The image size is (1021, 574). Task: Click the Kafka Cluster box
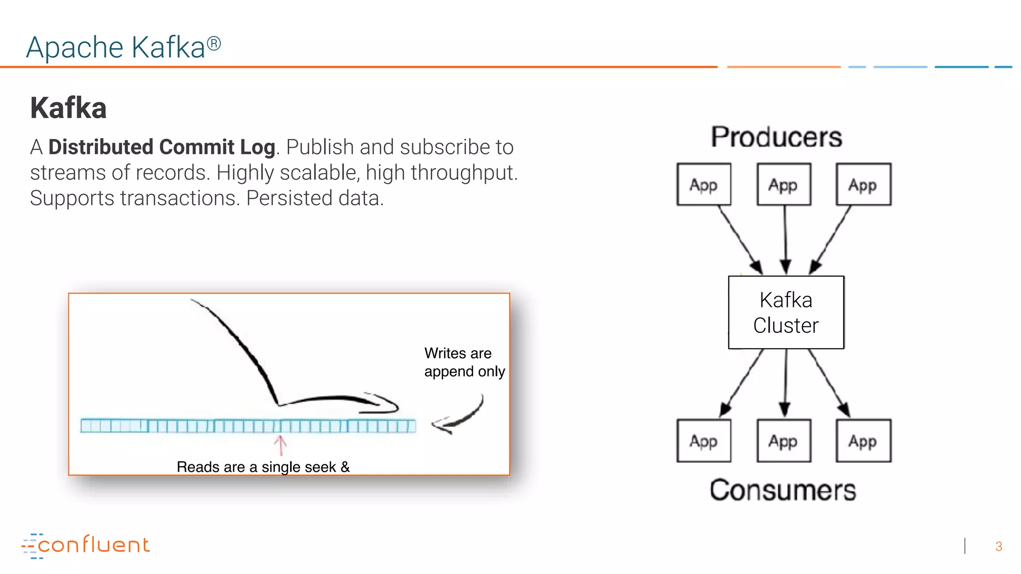786,312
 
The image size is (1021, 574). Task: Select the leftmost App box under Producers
703,184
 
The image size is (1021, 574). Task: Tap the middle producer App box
783,184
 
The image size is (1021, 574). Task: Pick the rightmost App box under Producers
863,184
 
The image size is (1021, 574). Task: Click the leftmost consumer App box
703,441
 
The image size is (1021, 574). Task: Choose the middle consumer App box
783,441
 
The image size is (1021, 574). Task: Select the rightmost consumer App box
863,441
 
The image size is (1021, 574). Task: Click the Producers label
776,137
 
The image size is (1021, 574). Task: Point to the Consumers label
783,490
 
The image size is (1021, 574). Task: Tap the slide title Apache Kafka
116,48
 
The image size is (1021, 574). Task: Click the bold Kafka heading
68,108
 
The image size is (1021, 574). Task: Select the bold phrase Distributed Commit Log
162,147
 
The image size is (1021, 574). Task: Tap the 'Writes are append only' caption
464,362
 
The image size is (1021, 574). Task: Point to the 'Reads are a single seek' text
263,467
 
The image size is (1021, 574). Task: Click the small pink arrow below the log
281,445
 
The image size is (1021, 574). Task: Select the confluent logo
86,545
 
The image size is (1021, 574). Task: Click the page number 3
999,547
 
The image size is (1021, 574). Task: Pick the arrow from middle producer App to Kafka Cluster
785,239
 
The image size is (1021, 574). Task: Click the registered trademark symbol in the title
214,43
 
